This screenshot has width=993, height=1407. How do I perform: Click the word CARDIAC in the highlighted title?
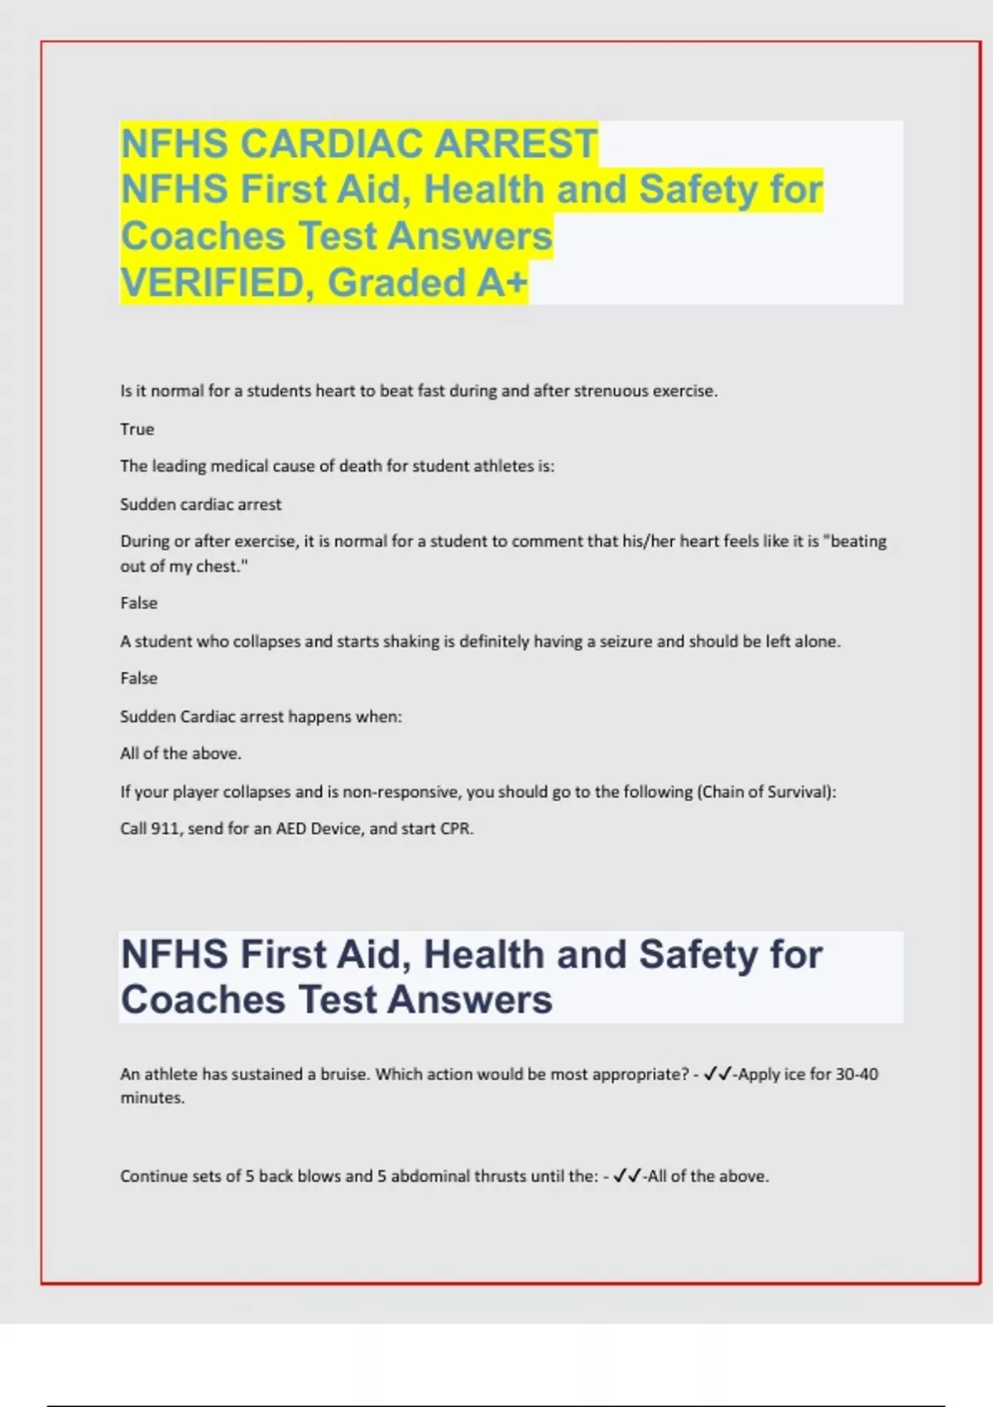click(337, 143)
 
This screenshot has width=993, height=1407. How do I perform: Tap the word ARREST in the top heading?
click(516, 143)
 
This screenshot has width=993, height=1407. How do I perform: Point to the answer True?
click(137, 429)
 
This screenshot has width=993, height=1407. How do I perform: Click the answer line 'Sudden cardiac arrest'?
click(201, 504)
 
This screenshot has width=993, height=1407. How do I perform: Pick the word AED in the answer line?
click(291, 828)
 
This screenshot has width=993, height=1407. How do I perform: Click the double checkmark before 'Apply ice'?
click(717, 1074)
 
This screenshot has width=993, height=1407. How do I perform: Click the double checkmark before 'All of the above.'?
click(627, 1176)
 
